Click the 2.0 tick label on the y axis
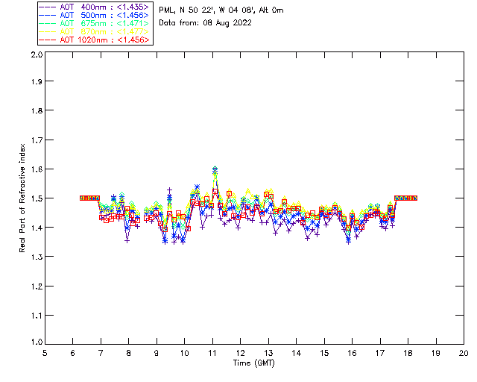pos(36,55)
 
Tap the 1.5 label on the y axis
pos(36,198)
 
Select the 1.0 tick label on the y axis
pos(36,343)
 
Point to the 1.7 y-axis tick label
pos(36,140)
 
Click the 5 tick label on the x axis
pos(45,354)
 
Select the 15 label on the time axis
pos(323,354)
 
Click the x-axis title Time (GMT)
pos(254,363)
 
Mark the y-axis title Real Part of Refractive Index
pos(23,198)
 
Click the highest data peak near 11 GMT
pos(215,169)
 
